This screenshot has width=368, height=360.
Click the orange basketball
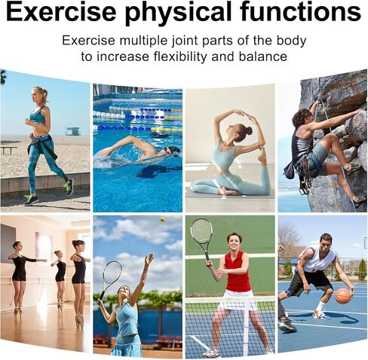[x=343, y=295]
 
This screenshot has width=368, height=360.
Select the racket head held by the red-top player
[x=201, y=233]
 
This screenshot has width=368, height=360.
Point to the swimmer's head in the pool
[x=171, y=151]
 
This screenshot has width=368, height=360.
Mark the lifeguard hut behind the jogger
[x=72, y=130]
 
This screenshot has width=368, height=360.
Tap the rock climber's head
[x=302, y=117]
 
